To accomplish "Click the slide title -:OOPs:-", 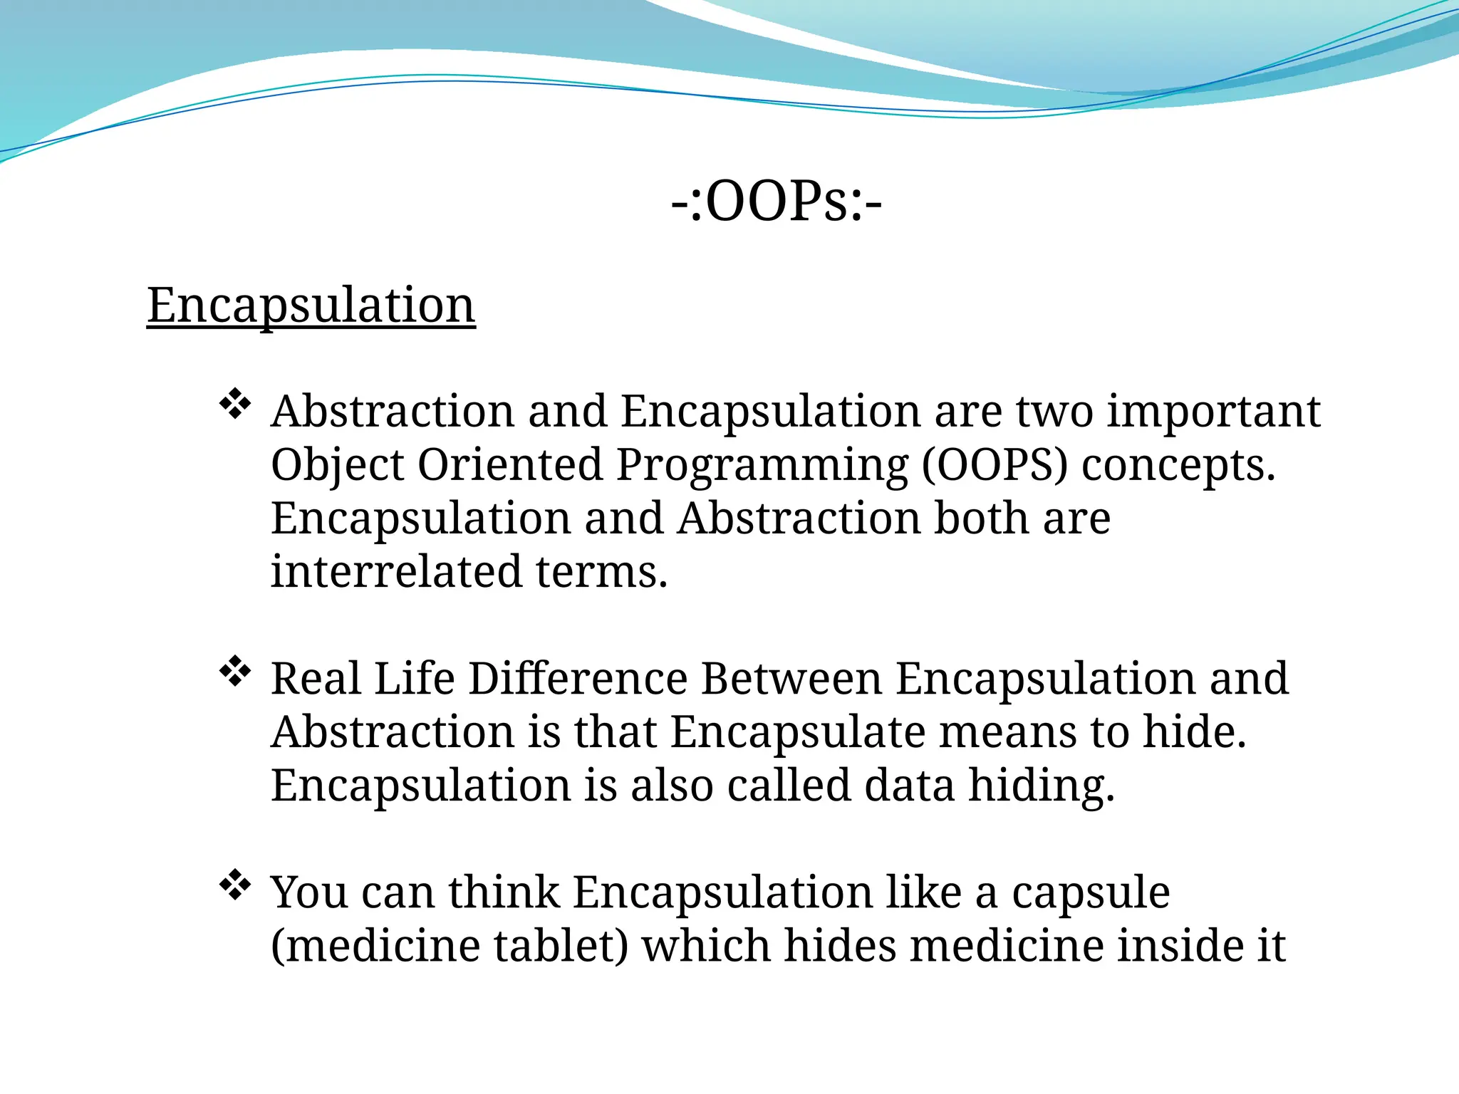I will (x=777, y=202).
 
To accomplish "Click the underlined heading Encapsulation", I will (x=311, y=306).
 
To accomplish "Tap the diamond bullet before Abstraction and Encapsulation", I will (x=235, y=405).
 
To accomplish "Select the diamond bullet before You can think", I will (x=235, y=886).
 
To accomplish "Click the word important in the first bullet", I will (x=1213, y=412).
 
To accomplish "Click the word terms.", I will (x=602, y=572).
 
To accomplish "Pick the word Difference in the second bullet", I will (x=578, y=679).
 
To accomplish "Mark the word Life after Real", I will (x=414, y=679).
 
